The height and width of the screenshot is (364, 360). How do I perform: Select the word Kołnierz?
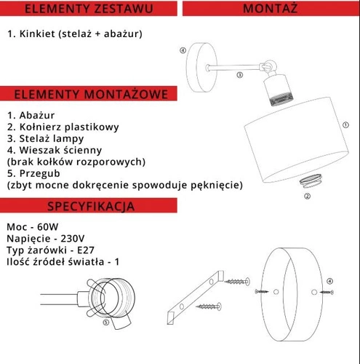(x=41, y=127)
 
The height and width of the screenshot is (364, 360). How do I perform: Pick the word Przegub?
(x=39, y=173)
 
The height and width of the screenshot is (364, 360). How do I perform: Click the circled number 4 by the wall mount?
(x=183, y=51)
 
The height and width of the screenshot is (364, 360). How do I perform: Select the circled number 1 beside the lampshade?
(x=344, y=124)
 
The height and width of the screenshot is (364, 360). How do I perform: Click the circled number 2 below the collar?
(x=307, y=196)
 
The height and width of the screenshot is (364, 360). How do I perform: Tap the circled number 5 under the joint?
(x=106, y=321)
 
